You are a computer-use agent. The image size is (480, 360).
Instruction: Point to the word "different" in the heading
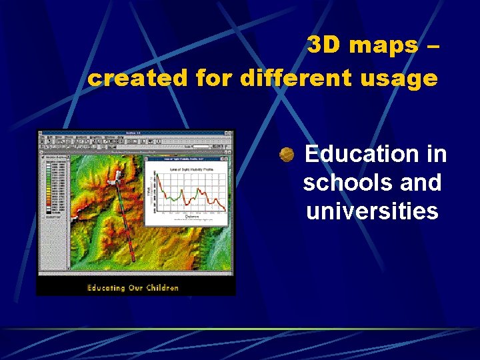coord(289,78)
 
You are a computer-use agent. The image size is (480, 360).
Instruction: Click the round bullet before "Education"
coord(287,155)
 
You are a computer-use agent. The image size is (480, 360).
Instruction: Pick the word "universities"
coord(372,211)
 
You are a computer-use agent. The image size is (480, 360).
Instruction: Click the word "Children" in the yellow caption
coord(161,288)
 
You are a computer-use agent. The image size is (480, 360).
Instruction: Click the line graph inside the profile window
coord(190,191)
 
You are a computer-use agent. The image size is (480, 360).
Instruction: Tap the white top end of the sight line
coord(116,175)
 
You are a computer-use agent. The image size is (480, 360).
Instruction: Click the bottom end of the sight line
coord(133,260)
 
